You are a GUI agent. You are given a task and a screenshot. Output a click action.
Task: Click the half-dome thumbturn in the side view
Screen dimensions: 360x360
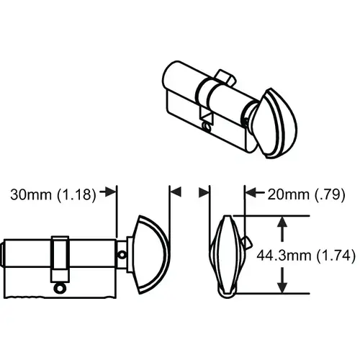pos(150,252)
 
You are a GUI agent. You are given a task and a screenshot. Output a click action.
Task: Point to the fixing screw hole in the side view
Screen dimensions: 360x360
pos(59,287)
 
